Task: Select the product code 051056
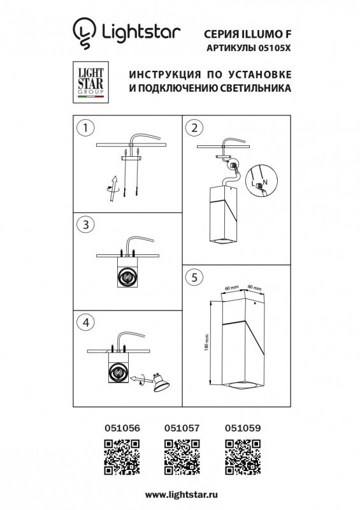coord(121,429)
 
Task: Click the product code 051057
coord(182,429)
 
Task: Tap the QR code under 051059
coord(243,456)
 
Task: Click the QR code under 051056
coord(121,456)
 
